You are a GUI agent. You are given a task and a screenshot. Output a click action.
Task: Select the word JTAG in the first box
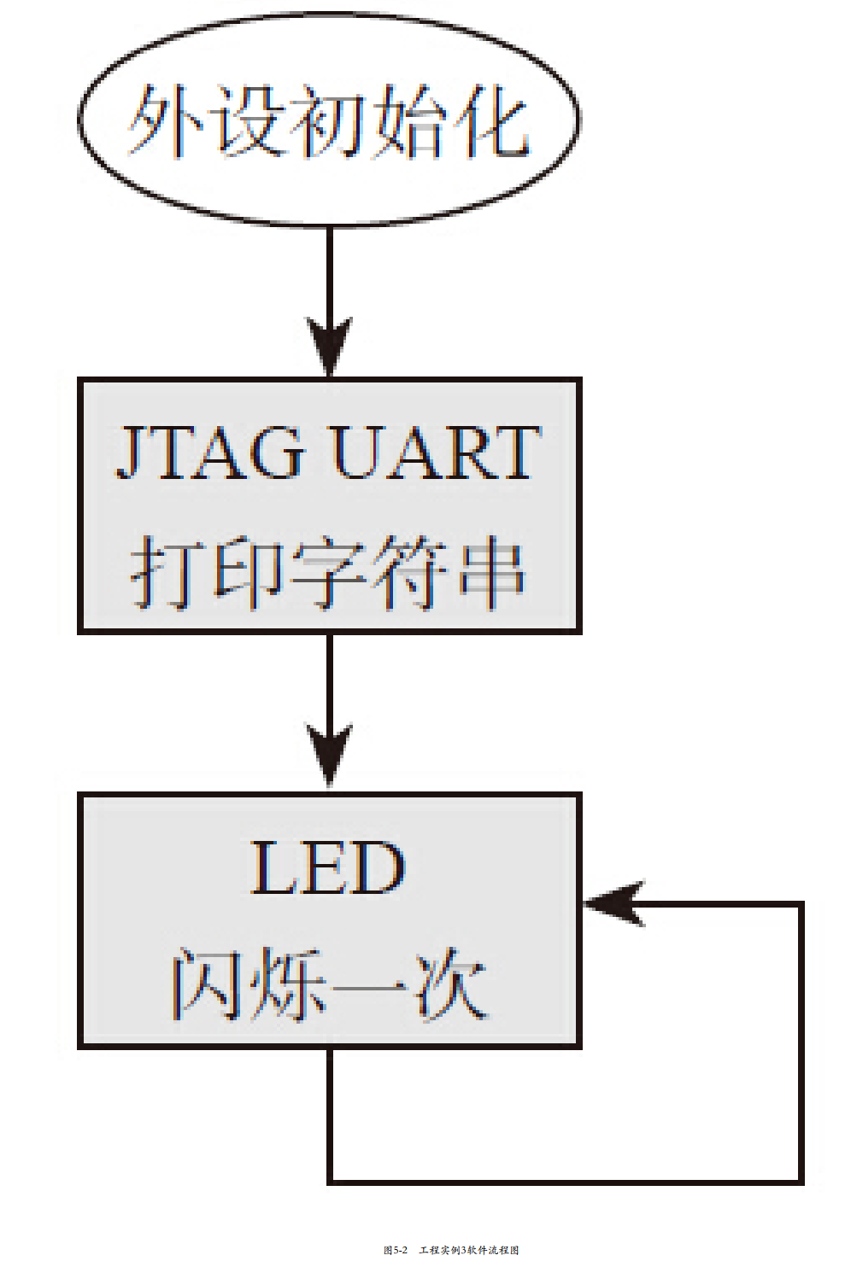(210, 452)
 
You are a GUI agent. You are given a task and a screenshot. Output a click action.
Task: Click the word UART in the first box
(436, 452)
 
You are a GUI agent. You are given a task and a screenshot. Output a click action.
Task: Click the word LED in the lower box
(328, 867)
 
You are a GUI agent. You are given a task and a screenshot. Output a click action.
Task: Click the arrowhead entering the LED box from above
(329, 756)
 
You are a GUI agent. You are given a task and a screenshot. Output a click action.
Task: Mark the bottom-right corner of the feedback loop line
(801, 1182)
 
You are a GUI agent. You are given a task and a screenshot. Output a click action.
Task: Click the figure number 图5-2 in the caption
(395, 1250)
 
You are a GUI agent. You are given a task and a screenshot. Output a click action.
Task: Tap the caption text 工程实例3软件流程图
(469, 1250)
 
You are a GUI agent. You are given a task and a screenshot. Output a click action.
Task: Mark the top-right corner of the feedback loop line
(801, 903)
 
